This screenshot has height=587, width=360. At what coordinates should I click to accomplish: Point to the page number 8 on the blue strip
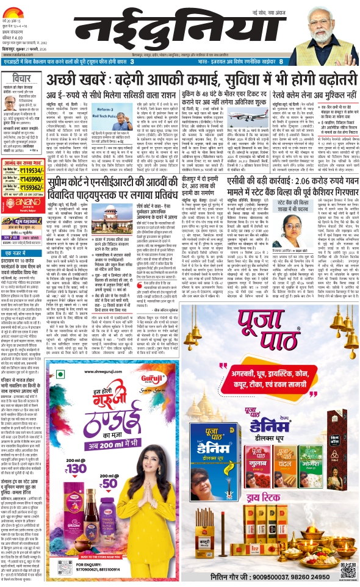280,62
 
